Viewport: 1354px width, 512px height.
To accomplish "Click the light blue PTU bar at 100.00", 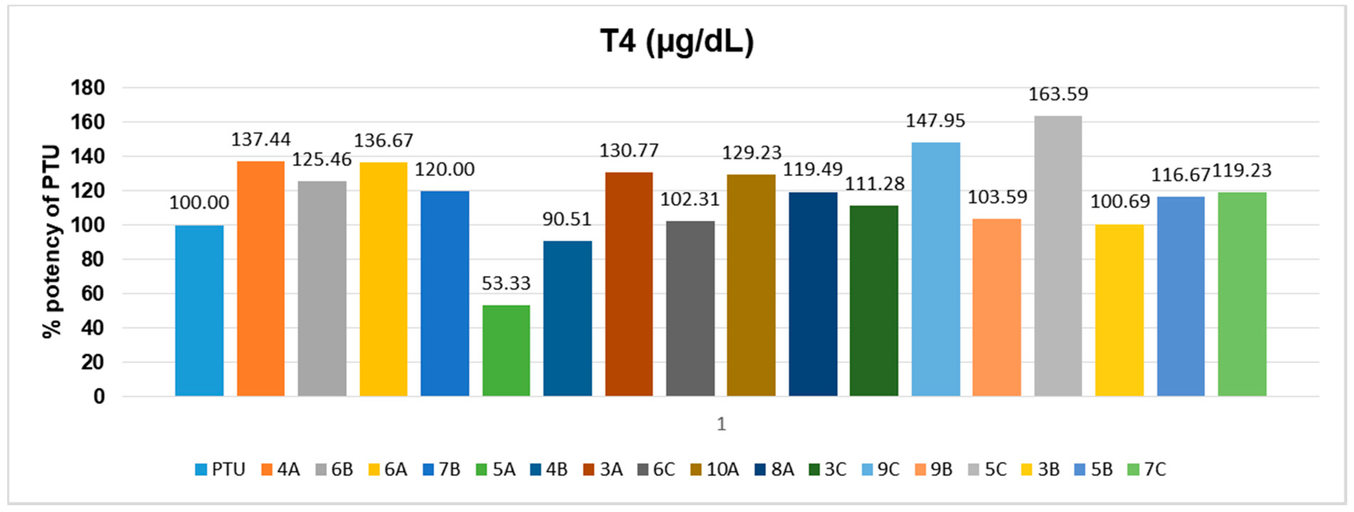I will [x=199, y=311].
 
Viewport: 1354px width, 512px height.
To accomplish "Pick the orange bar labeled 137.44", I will [x=261, y=279].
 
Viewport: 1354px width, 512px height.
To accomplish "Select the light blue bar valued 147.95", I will [x=936, y=269].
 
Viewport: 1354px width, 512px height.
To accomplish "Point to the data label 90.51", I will [x=567, y=219].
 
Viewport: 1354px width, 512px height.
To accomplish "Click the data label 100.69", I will [x=1120, y=201].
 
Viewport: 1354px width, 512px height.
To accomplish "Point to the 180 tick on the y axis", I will [x=87, y=88].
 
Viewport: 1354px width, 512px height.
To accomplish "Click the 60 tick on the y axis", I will [x=92, y=293].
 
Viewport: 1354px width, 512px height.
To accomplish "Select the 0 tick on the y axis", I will [x=99, y=396].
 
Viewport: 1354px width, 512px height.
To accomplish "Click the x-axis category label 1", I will [x=721, y=424].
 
